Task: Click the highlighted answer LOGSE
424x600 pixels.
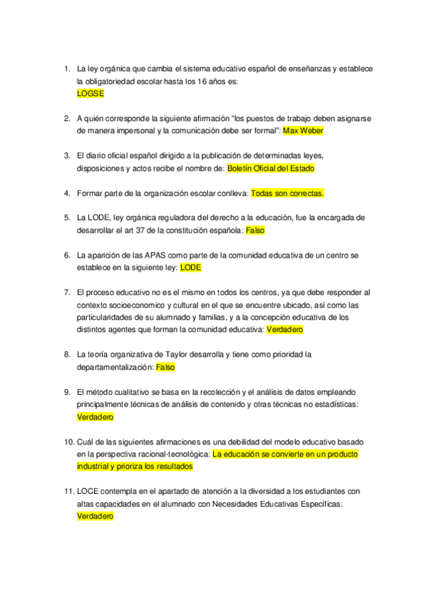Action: click(90, 93)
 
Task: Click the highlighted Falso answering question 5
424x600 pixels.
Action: click(255, 231)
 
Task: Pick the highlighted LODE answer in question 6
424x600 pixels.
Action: click(191, 268)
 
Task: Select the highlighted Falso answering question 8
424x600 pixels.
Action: click(165, 367)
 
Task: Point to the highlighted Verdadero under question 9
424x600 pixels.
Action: click(95, 417)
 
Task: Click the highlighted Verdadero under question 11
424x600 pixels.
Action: click(95, 517)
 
